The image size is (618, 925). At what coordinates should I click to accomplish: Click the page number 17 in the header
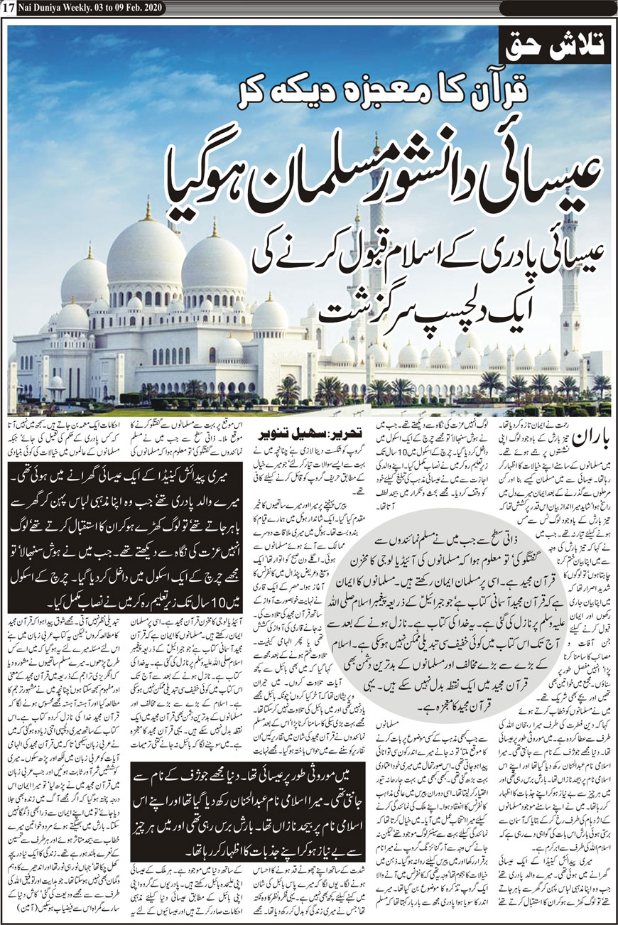(9, 8)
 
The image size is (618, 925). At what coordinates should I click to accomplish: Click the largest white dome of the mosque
(146, 256)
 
